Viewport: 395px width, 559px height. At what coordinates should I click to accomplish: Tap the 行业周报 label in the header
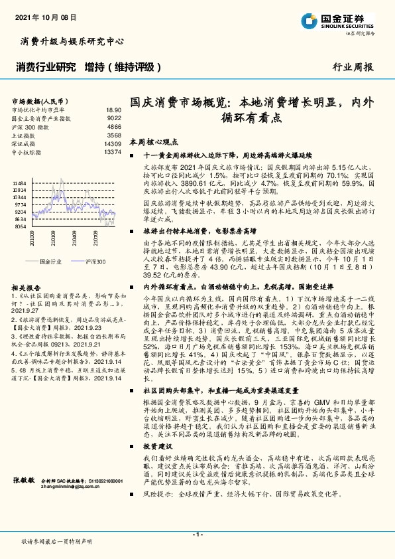[353, 67]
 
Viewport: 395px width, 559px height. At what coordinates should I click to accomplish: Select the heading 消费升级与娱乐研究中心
[68, 41]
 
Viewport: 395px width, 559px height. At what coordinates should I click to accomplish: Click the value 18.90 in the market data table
[113, 110]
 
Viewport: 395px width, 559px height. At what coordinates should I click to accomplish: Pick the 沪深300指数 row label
[30, 126]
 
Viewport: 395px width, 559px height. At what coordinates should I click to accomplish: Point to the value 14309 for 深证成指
[113, 143]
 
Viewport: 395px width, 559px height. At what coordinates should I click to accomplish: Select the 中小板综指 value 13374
[113, 152]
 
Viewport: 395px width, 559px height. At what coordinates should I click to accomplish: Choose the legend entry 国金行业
[49, 262]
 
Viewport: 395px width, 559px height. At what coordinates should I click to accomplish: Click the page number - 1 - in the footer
[197, 534]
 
